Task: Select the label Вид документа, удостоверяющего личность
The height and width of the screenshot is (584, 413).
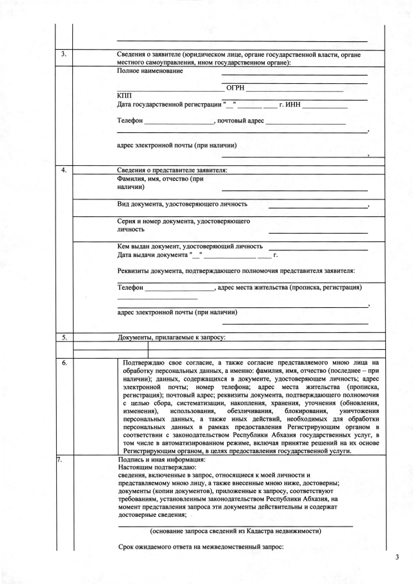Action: (182, 204)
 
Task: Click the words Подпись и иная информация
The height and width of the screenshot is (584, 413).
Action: (161, 459)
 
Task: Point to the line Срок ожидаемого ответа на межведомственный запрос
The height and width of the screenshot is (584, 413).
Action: (201, 547)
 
